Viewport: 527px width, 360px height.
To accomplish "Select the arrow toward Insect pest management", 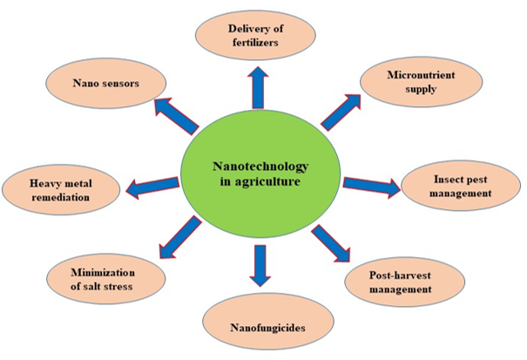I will click(370, 184).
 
